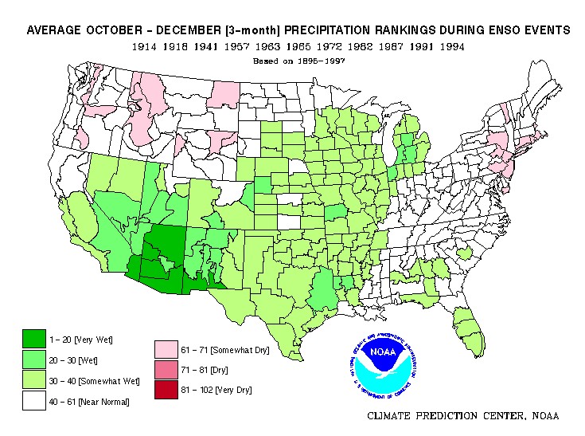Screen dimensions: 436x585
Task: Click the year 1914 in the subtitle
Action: click(x=146, y=47)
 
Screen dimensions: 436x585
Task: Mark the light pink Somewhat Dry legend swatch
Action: click(x=166, y=349)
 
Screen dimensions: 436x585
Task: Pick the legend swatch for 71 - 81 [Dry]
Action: click(x=166, y=370)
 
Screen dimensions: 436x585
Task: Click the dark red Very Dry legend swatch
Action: click(x=166, y=390)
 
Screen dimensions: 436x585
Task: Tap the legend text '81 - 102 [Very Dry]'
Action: click(x=216, y=391)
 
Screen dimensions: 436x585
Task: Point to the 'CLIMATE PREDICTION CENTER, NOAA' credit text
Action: click(x=463, y=416)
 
